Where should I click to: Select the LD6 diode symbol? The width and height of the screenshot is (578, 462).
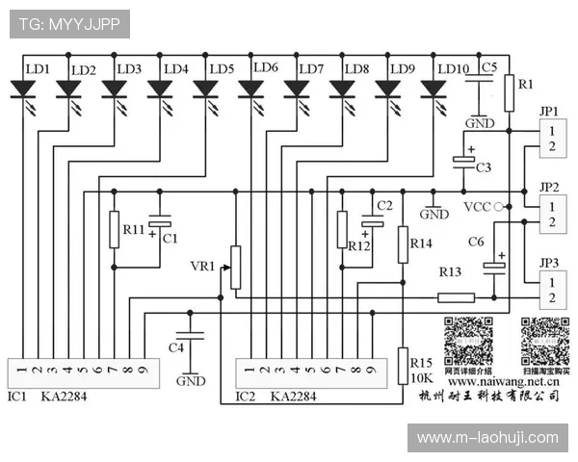251,90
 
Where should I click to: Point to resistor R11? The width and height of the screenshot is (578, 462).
114,229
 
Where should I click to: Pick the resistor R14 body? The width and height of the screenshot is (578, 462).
404,244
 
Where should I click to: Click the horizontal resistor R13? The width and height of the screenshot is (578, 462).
456,296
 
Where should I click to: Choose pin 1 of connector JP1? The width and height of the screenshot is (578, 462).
551,130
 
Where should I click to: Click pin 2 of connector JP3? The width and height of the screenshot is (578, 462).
551,297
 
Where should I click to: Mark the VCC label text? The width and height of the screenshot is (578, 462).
477,207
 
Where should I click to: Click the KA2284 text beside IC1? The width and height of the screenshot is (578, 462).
65,396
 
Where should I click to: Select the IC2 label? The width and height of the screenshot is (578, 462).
246,396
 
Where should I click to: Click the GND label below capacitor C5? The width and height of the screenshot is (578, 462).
480,123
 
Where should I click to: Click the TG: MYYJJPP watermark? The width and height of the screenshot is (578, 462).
69,23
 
